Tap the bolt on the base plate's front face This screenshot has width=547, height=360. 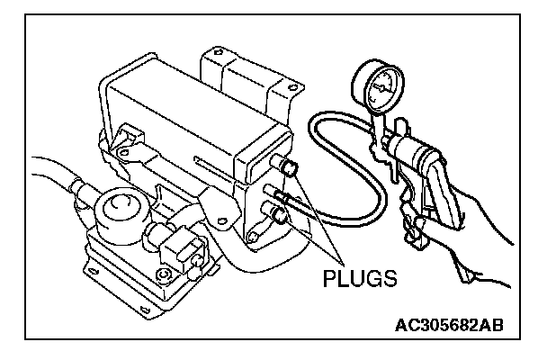163,274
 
